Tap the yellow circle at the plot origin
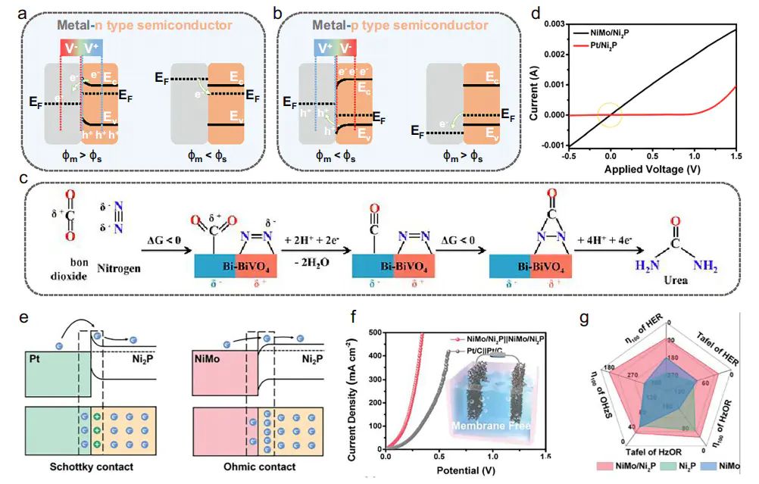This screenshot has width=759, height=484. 610,115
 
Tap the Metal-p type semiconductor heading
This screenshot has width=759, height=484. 384,25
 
